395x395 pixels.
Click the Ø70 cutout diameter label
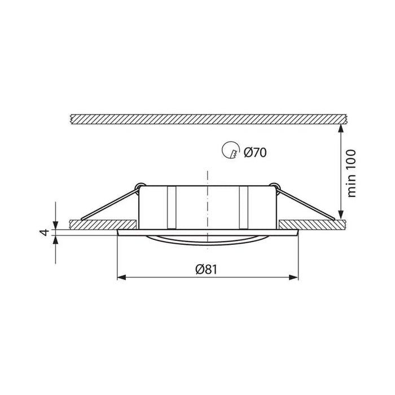tap(255, 152)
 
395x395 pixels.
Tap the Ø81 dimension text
tap(206, 269)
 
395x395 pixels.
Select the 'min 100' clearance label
tap(352, 173)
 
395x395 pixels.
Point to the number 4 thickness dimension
tap(45, 232)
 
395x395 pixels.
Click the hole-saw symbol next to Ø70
tap(231, 150)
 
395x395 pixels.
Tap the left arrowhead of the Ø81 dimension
tap(121, 278)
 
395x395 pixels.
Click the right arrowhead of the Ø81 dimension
tap(294, 278)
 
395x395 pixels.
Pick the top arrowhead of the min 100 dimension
tap(341, 129)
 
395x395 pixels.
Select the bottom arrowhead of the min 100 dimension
tap(341, 215)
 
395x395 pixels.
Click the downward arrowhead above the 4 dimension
tap(55, 225)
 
